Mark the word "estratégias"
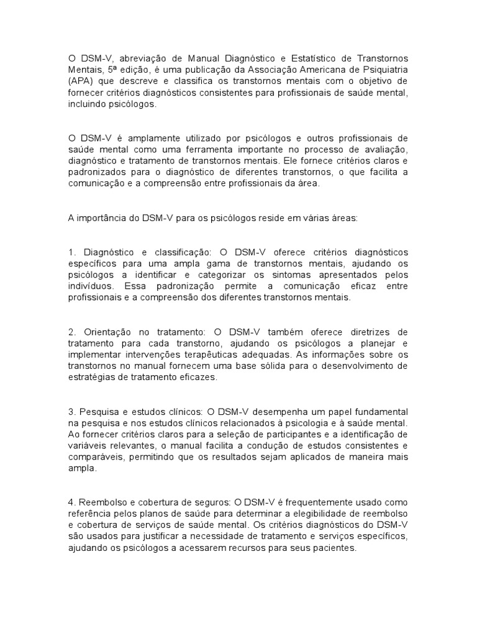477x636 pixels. tap(92, 377)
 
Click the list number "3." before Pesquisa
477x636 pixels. tap(72, 411)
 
